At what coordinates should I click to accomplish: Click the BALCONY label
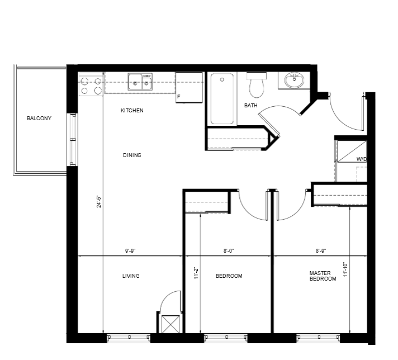click(39, 119)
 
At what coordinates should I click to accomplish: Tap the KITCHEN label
click(132, 111)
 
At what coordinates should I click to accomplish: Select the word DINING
click(132, 155)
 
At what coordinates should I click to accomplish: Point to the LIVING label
click(131, 276)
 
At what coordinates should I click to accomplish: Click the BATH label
click(251, 105)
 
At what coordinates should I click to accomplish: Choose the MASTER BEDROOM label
click(323, 276)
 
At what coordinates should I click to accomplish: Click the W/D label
click(362, 159)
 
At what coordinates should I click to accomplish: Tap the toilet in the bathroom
click(257, 85)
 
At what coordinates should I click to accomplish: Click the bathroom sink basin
click(294, 80)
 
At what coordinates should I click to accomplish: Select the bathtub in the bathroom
click(222, 99)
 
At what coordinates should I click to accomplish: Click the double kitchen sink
click(140, 82)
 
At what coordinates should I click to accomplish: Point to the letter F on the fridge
click(179, 97)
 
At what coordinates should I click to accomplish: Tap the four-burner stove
click(91, 84)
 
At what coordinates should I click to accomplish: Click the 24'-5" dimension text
click(99, 202)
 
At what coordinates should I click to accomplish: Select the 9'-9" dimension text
click(130, 251)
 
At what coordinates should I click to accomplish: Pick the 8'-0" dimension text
click(229, 251)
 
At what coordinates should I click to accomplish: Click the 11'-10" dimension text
click(345, 269)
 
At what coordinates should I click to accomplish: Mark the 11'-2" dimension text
click(196, 273)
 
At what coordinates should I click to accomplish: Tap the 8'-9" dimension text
click(321, 251)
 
